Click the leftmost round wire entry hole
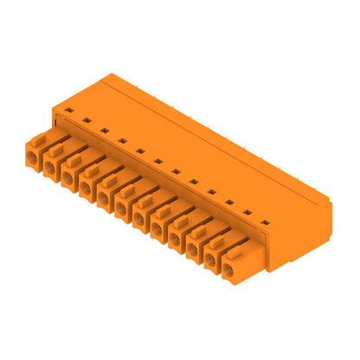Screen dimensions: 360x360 pyautogui.click(x=32, y=156)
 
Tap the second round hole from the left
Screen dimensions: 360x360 pyautogui.click(x=51, y=165)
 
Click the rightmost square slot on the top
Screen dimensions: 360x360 pyautogui.click(x=266, y=222)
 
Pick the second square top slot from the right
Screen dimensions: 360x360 pyautogui.click(x=247, y=212)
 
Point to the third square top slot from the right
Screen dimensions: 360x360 pyautogui.click(x=230, y=202)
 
